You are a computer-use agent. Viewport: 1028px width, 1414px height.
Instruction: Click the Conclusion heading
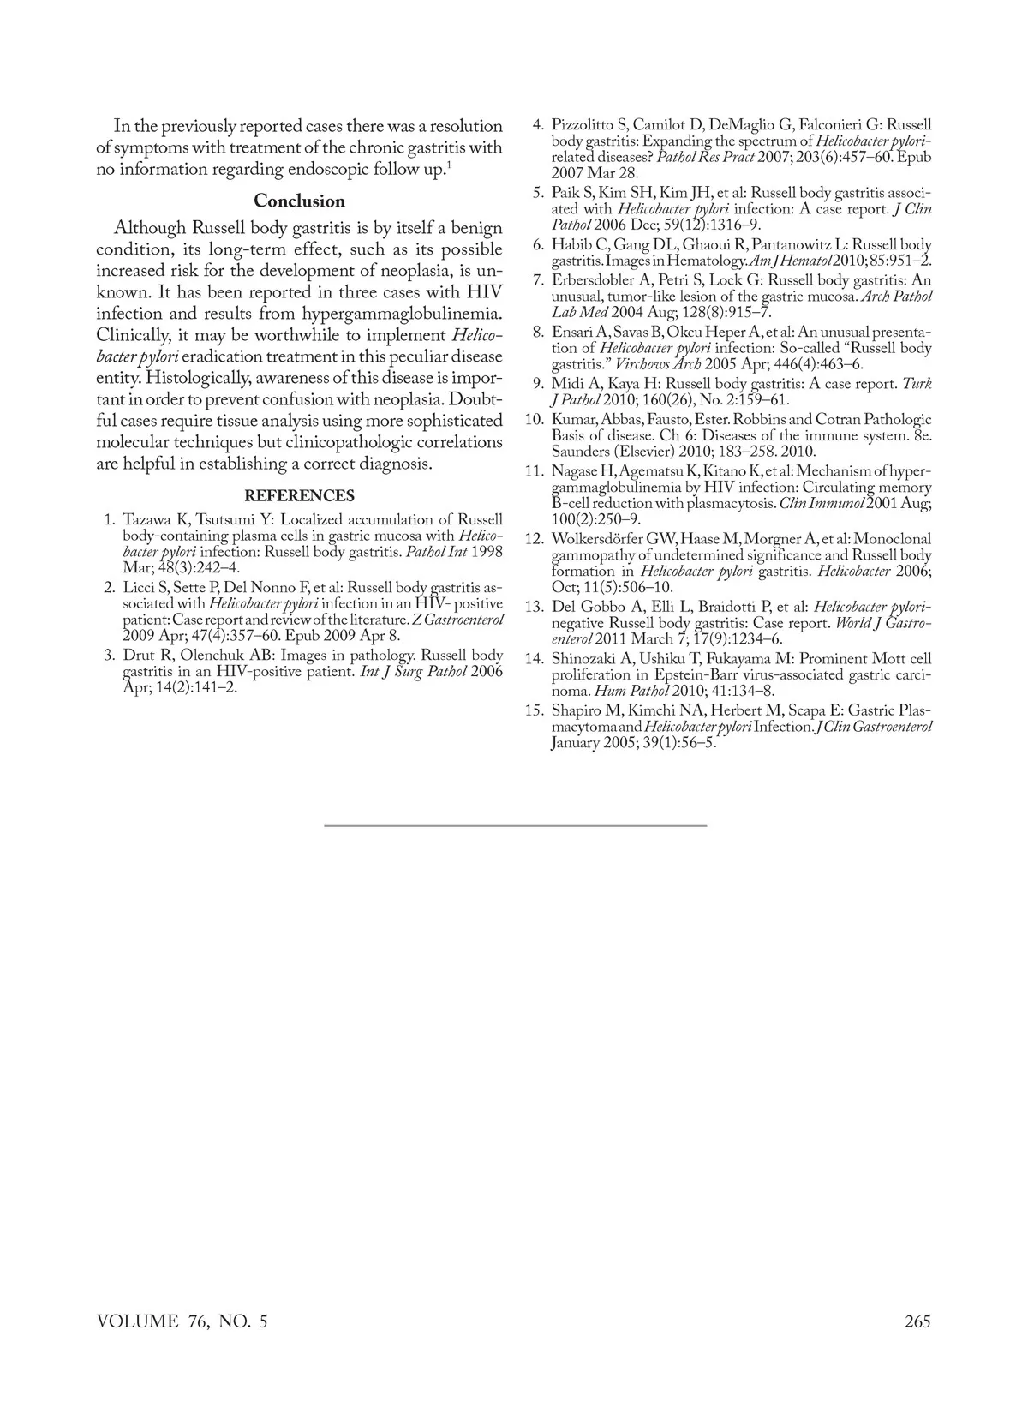click(299, 201)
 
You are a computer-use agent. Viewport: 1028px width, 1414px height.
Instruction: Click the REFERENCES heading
click(299, 496)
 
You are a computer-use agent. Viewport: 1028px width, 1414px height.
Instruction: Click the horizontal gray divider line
click(515, 825)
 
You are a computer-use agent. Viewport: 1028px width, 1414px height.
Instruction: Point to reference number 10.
click(535, 420)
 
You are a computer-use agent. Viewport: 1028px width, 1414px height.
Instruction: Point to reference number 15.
click(535, 710)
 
